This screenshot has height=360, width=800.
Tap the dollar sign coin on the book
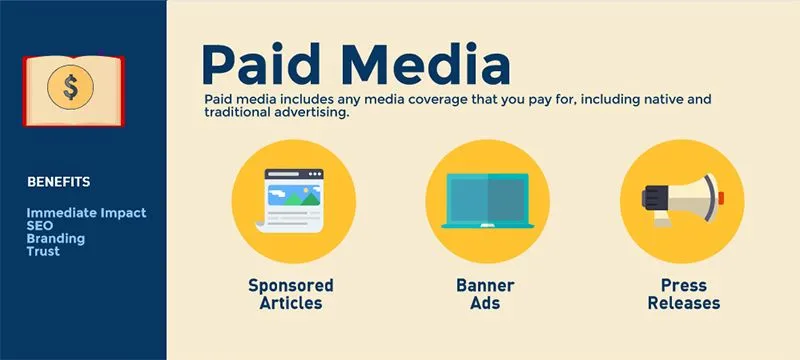(x=71, y=87)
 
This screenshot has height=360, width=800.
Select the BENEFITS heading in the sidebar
(x=59, y=182)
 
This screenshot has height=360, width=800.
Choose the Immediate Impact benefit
(x=86, y=213)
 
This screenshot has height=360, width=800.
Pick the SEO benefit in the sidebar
(x=40, y=226)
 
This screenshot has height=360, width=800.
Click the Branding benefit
(x=56, y=239)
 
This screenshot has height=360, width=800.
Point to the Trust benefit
(x=43, y=252)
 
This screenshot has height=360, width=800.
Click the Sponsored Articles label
(x=291, y=294)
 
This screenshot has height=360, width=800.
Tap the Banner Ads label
(x=485, y=294)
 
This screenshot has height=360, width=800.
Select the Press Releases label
(x=683, y=294)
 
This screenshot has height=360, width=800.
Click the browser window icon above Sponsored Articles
(x=293, y=201)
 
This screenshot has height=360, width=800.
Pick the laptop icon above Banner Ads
(x=487, y=201)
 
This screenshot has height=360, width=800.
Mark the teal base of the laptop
(x=487, y=224)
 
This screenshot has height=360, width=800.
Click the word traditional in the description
(x=239, y=113)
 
